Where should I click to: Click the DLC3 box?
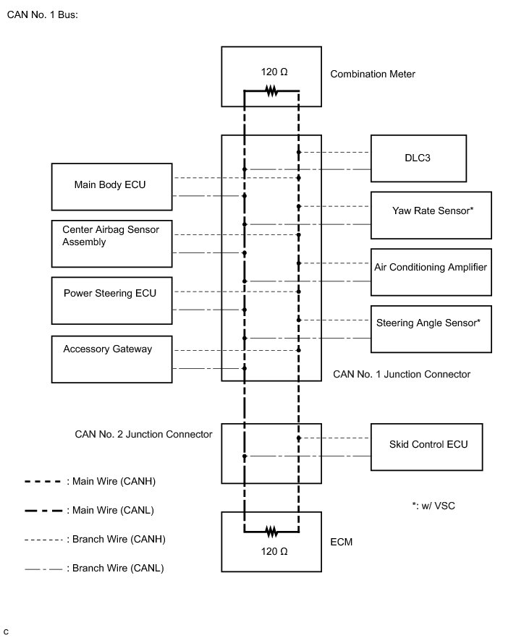coord(418,158)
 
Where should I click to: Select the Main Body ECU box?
coord(112,186)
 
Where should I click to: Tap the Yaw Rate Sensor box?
coord(431,215)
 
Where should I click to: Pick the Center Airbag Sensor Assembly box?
coord(112,243)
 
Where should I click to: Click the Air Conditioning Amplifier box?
coord(431,271)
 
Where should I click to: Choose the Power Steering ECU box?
coord(112,300)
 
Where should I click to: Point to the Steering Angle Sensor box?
coord(431,328)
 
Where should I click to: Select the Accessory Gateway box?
coord(112,358)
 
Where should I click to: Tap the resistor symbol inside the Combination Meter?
coord(271,91)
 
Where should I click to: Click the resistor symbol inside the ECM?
coord(271,532)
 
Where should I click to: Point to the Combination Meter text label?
coord(373,74)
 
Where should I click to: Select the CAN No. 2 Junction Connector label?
coord(143,434)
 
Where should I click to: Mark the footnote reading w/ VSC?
coord(433,506)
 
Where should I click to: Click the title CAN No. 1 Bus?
coord(41,14)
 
